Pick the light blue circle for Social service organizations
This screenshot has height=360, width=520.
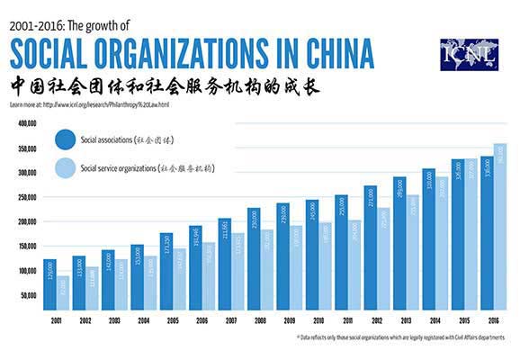pos(66,167)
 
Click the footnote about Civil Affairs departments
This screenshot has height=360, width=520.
pos(400,338)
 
